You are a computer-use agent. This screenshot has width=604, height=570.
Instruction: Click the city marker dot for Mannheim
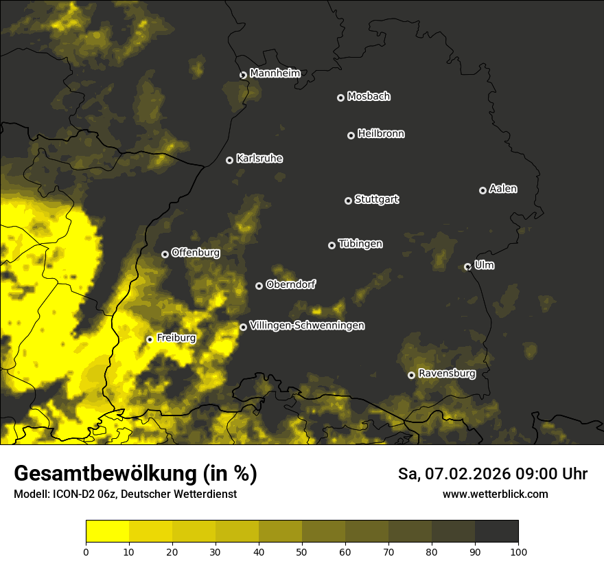point(243,76)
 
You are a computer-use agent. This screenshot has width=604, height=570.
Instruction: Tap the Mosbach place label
point(369,97)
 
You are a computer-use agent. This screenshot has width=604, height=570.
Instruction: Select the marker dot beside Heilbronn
point(351,135)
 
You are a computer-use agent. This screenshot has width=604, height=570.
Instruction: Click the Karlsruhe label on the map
point(259,159)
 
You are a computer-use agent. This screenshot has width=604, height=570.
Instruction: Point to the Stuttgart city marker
point(348,201)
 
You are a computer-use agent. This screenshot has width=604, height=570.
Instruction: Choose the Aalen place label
point(503,189)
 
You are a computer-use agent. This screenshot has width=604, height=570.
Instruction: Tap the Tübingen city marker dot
point(332,245)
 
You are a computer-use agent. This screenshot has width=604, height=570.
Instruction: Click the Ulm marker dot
point(467,266)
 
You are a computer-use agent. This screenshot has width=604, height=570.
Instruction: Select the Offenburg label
point(196,253)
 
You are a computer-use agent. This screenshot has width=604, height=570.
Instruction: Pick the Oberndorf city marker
point(259,286)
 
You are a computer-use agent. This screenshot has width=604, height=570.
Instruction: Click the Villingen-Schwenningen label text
point(307,326)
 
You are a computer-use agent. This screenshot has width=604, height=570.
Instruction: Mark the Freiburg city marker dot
point(150,339)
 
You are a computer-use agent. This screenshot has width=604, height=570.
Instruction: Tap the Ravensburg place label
point(447,374)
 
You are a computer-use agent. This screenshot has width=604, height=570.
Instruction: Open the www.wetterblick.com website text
point(496,494)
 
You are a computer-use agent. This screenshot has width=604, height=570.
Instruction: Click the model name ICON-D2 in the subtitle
point(70,494)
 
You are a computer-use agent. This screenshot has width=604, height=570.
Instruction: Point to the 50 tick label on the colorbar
point(302,551)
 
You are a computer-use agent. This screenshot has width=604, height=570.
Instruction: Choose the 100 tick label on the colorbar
point(518,551)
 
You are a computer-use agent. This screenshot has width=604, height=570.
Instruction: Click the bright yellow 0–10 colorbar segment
point(107,532)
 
